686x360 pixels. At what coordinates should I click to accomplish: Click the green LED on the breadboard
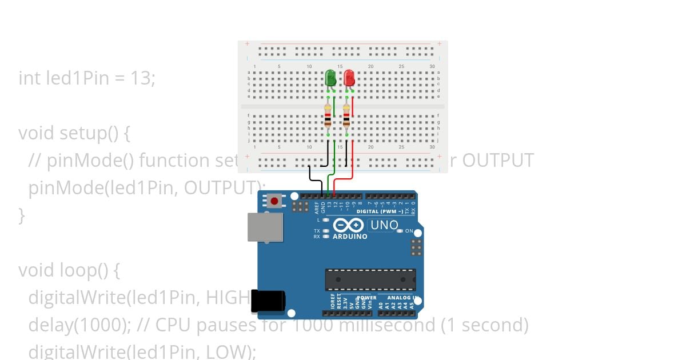(330, 78)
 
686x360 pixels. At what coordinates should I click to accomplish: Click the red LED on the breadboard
(349, 78)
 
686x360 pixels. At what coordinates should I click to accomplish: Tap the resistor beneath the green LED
(328, 117)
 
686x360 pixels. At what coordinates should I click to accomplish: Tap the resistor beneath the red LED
(346, 117)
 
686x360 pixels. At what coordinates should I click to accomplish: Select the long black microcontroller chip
(370, 279)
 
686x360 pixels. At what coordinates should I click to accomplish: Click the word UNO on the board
(384, 225)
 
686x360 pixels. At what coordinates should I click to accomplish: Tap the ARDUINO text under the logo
(350, 237)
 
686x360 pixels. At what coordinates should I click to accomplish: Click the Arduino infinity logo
(349, 225)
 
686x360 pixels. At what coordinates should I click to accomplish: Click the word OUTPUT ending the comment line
(497, 161)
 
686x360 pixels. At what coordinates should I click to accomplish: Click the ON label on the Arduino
(409, 231)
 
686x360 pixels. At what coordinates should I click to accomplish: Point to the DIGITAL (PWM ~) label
(386, 211)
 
